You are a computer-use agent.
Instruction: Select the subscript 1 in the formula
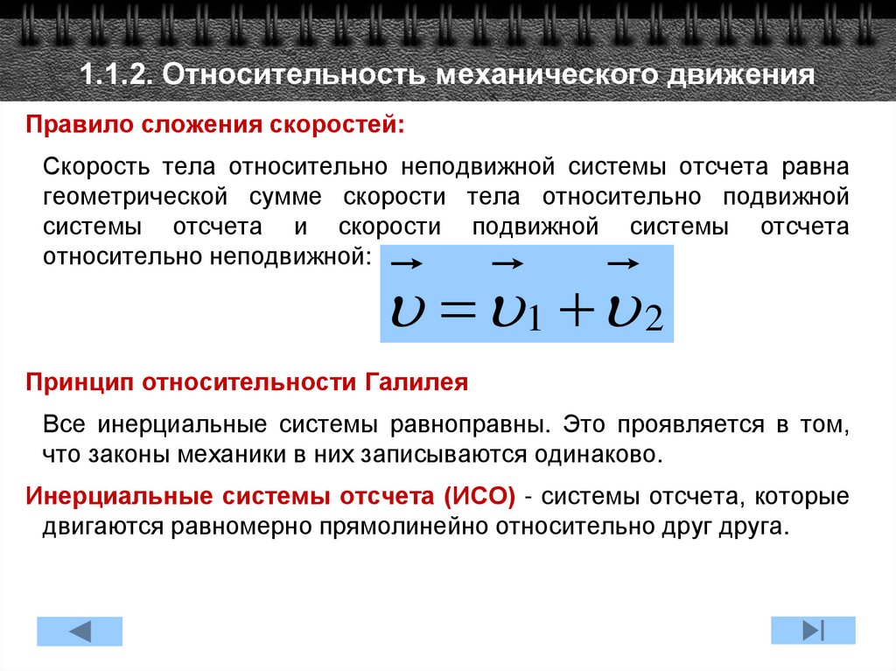tap(535, 318)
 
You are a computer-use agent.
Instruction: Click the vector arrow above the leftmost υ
tap(406, 262)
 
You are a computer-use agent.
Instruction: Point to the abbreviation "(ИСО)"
tap(479, 497)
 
